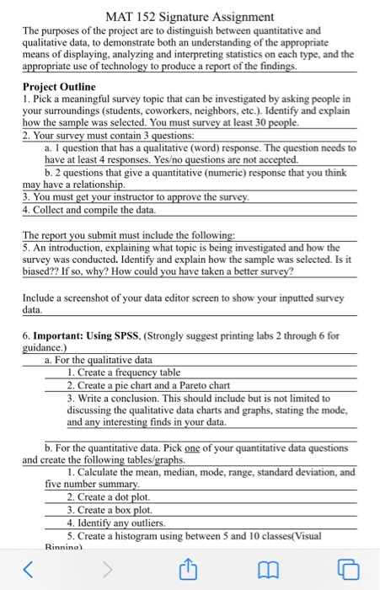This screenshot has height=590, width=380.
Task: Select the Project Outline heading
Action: pyautogui.click(x=59, y=87)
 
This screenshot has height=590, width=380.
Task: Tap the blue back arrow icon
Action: pyautogui.click(x=31, y=570)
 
